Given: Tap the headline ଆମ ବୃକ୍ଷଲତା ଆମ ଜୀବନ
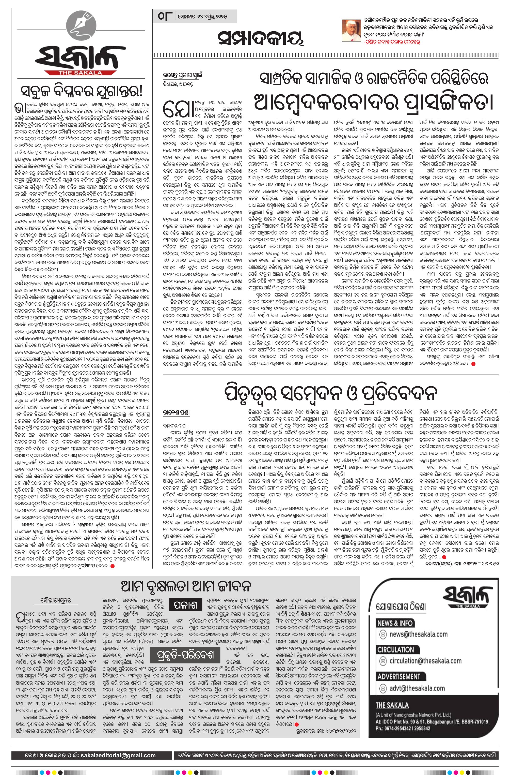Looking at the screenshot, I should pos(186,586).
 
